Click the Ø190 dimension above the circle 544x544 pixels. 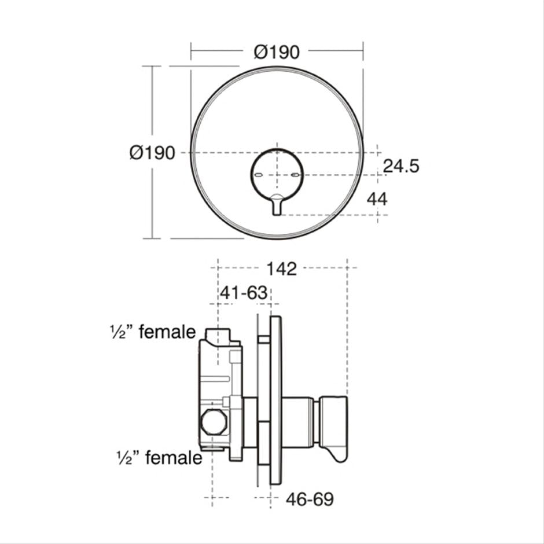coord(277,52)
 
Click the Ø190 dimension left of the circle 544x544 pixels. coord(152,153)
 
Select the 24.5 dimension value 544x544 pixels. coord(400,166)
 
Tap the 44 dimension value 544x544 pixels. coord(377,199)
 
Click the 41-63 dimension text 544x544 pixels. coord(243,293)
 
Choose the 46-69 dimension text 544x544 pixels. coord(310,499)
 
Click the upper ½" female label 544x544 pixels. coord(153,332)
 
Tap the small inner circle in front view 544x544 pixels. coord(277,174)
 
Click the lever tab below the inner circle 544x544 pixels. coord(277,205)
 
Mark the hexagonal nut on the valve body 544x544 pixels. coord(212,423)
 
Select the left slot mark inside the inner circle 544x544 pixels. coord(261,174)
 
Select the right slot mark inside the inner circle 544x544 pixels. coord(295,174)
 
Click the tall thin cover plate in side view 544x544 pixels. coord(275,399)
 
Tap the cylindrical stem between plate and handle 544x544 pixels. coord(300,421)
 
